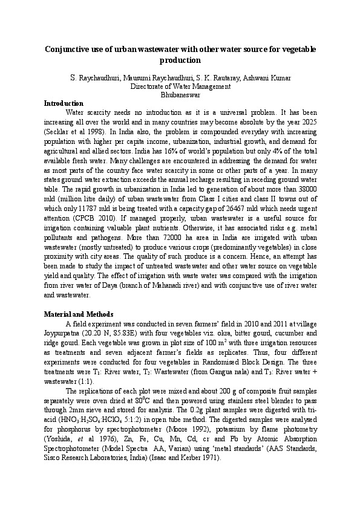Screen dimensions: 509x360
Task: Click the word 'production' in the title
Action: tap(180, 60)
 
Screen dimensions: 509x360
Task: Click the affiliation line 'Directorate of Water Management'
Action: tap(180, 86)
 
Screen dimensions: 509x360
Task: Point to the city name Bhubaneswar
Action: tap(180, 95)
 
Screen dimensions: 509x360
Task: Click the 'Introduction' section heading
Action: tap(64, 103)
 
